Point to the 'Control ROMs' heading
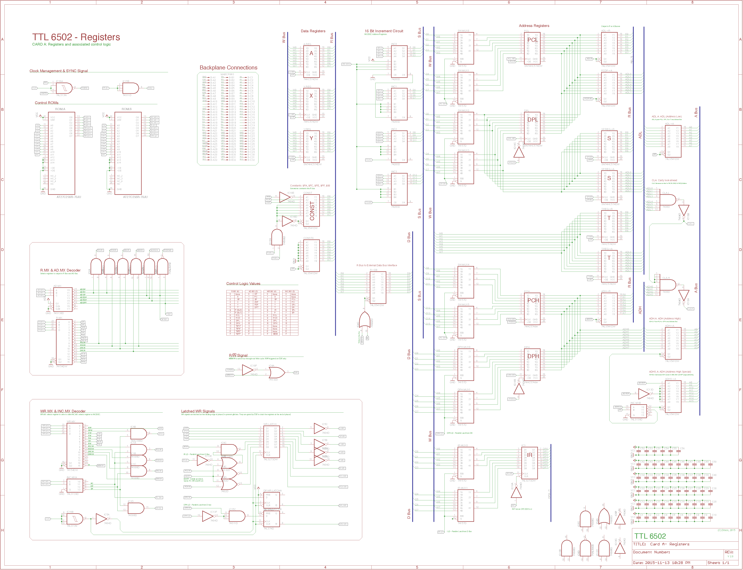coord(46,103)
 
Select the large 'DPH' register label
coord(533,356)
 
